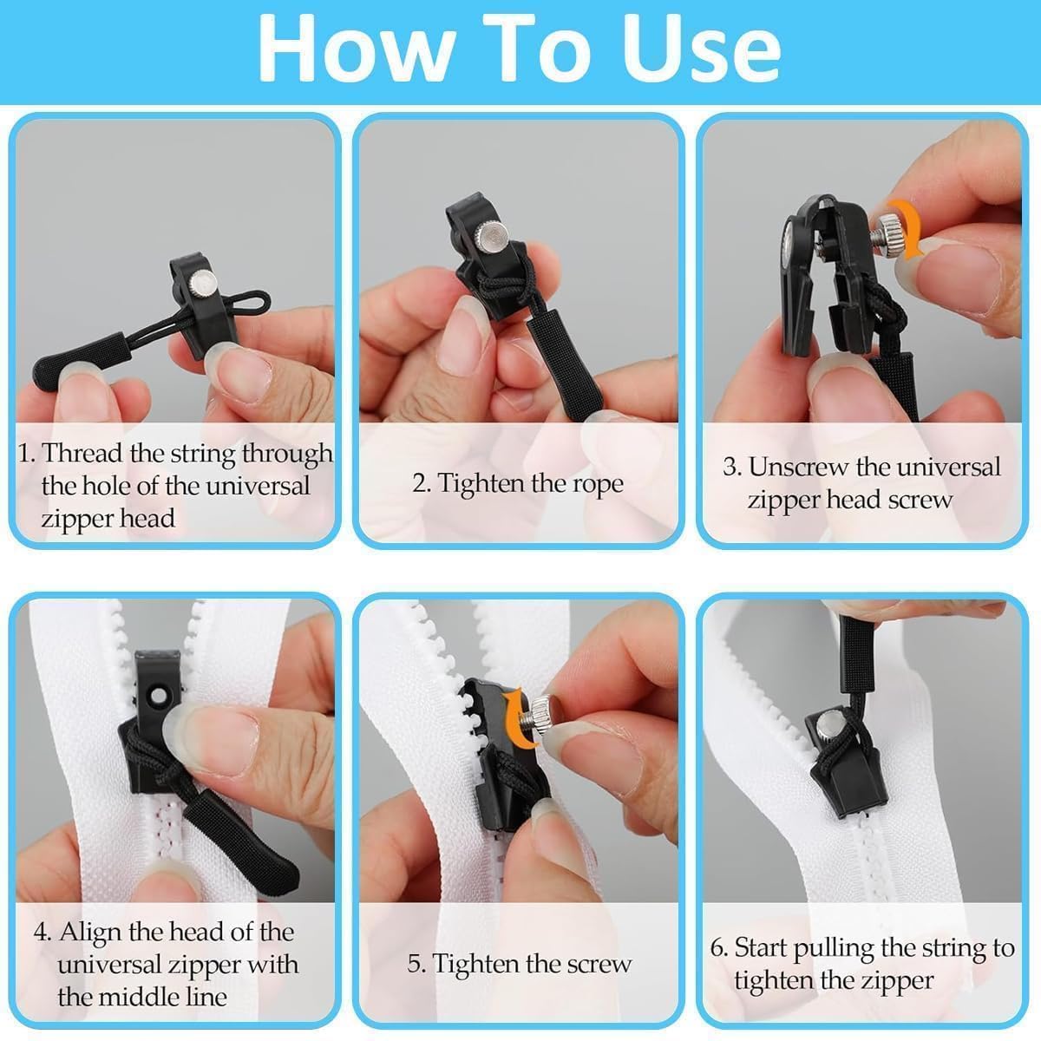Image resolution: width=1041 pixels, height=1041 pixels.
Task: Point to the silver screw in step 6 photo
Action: coord(824,723)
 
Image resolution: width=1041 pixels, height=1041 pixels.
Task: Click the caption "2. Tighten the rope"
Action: coord(518,483)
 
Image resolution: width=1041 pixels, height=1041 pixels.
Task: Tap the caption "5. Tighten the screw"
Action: coord(519,964)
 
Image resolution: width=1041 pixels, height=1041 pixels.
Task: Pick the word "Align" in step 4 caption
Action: coord(89,933)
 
